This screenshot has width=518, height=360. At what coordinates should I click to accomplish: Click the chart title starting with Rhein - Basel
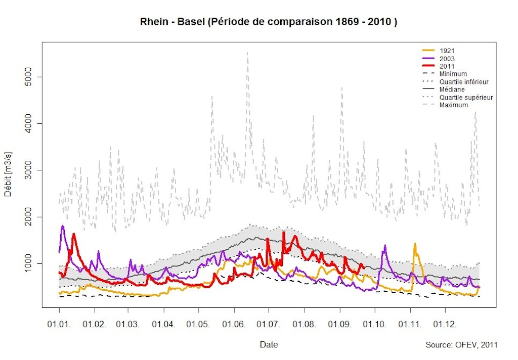pos(268,23)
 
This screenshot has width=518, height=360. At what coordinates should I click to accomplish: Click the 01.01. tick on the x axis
pos(59,323)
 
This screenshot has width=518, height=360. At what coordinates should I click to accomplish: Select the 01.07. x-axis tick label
pos(268,323)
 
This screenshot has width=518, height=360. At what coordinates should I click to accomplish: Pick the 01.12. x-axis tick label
pos(444,323)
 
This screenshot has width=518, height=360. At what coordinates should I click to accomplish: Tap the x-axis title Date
pos(268,344)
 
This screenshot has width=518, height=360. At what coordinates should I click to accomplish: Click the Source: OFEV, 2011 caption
pos(461,345)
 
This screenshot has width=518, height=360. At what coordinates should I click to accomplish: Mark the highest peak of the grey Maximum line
pos(247,52)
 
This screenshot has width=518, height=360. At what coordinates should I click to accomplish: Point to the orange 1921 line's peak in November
pos(415,244)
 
